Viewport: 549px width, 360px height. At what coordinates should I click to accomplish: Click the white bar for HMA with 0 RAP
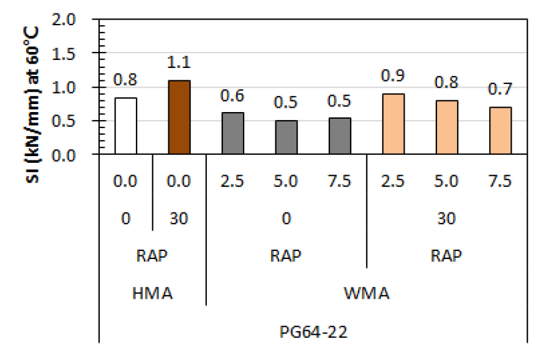[x=125, y=126]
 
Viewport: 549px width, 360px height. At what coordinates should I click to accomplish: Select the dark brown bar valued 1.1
[x=179, y=118]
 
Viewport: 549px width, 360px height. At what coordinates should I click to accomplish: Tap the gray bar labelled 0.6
[x=233, y=133]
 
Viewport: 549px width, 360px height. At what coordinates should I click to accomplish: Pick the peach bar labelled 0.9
[x=393, y=124]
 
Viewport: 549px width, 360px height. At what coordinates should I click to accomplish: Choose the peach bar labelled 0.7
[x=500, y=131]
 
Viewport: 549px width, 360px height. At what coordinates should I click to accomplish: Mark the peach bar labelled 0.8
[x=446, y=127]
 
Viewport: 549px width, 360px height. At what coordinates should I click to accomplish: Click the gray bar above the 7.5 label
[x=340, y=136]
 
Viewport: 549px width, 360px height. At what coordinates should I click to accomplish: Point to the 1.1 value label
[x=179, y=63]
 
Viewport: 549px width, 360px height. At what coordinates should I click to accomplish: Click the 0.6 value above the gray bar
[x=233, y=96]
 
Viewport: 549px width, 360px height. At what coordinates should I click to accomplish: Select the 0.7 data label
[x=500, y=90]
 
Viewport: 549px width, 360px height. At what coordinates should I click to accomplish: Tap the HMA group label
[x=152, y=294]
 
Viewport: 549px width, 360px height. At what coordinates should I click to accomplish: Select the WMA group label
[x=366, y=294]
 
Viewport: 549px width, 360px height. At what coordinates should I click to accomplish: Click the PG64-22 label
[x=313, y=334]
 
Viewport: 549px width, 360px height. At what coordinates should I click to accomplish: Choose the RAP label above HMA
[x=152, y=255]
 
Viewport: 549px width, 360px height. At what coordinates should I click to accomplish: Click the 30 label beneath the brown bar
[x=179, y=219]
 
